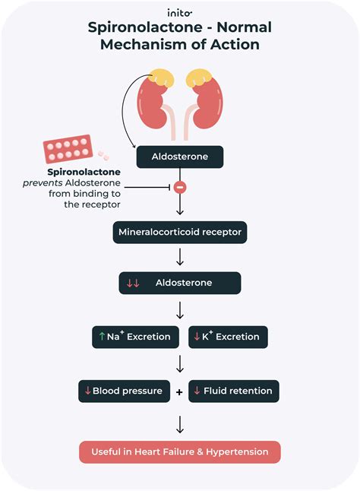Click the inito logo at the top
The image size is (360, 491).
179,13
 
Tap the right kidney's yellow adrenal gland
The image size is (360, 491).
199,78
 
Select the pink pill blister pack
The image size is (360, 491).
68,149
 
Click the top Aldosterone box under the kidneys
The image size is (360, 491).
180,157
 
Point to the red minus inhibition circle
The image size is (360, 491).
180,188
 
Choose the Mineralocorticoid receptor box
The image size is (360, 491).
180,233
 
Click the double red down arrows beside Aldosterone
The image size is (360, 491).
133,284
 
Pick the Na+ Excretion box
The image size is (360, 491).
135,337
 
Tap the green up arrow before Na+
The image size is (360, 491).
102,336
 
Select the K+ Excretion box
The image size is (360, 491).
228,337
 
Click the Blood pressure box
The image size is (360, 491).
124,391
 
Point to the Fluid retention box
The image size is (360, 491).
234,391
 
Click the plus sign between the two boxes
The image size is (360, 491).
179,392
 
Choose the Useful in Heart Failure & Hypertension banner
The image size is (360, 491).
180,452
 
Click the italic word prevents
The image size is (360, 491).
43,183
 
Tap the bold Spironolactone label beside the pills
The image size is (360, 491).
84,172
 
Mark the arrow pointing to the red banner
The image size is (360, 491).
180,424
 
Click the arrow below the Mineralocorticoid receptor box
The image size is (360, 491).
180,257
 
